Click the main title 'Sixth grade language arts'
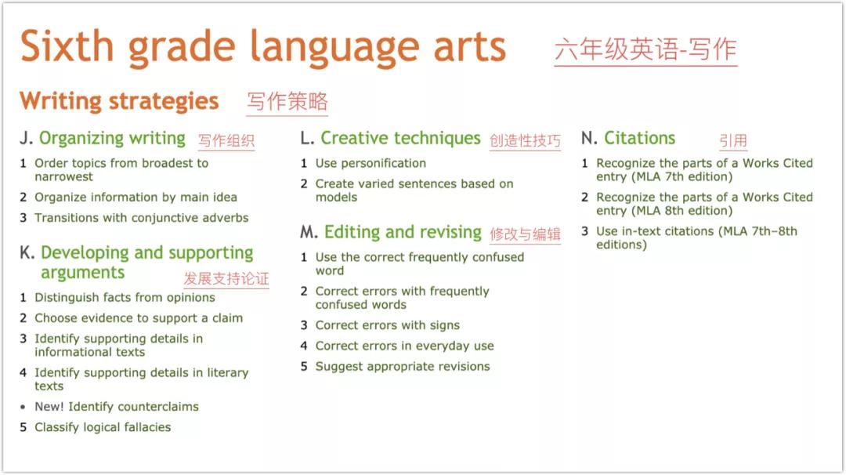pos(263,47)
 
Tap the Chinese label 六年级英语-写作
pos(645,49)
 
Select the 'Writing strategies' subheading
pos(119,101)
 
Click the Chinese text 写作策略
pos(287,102)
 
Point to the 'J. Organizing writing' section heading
pos(103,139)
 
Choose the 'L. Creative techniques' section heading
pos(390,139)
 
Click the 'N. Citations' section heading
pos(628,139)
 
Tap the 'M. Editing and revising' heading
pos(391,232)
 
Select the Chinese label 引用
pos(733,141)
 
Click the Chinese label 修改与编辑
pos(525,234)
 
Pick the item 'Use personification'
pos(371,163)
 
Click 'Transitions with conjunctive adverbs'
pos(141,218)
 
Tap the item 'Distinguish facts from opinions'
pos(125,298)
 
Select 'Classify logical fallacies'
pos(103,427)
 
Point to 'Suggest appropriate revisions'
pos(403,366)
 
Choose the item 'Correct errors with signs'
pos(387,325)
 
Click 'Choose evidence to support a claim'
pos(139,318)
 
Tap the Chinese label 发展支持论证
pos(226,279)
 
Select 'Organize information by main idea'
pos(136,198)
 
